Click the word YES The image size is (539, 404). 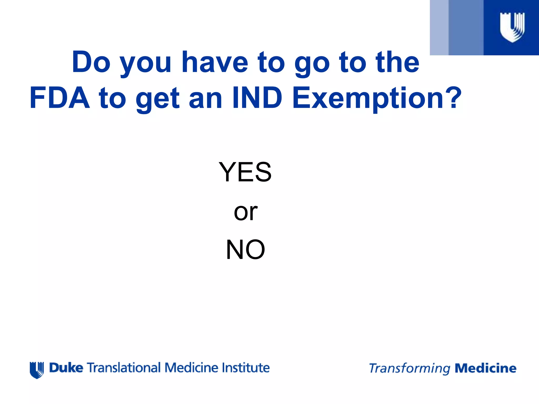[x=245, y=172]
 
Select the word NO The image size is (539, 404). [x=245, y=249]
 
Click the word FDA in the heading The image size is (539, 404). [x=60, y=98]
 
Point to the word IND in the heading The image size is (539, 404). [x=257, y=98]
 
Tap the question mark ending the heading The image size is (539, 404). [x=454, y=98]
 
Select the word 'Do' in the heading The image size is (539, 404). [x=91, y=62]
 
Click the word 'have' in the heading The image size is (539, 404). [x=215, y=62]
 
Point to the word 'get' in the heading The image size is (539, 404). [x=157, y=100]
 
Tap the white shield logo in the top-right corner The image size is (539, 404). [x=512, y=27]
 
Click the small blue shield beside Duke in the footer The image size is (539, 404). [x=37, y=370]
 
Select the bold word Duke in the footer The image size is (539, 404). [x=66, y=368]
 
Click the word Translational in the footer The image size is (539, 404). [x=124, y=368]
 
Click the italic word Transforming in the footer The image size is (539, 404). [x=410, y=368]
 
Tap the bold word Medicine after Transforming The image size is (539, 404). [x=486, y=368]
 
